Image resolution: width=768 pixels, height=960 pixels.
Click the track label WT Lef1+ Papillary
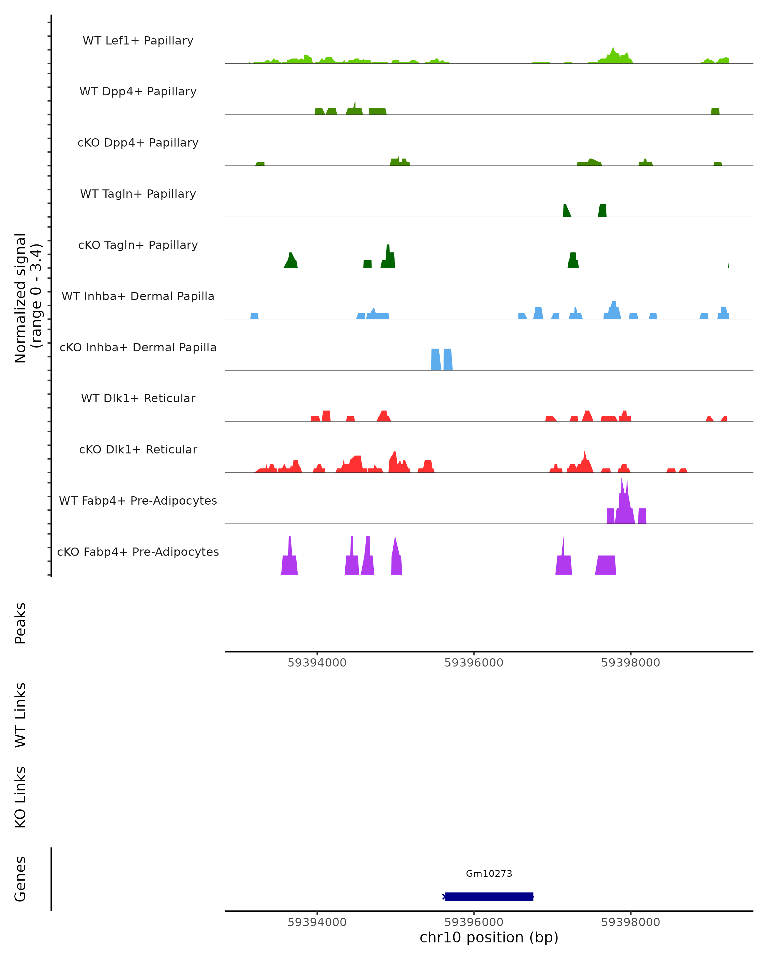pyautogui.click(x=138, y=41)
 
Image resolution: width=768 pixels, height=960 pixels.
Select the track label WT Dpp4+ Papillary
pyautogui.click(x=138, y=92)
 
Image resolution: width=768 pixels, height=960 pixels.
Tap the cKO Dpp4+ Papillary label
pyautogui.click(x=138, y=143)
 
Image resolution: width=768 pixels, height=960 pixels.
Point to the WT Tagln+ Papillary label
pyautogui.click(x=138, y=194)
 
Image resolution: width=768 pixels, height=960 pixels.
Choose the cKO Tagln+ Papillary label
pyautogui.click(x=138, y=245)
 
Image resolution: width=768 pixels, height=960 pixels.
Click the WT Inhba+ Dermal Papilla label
pyautogui.click(x=138, y=297)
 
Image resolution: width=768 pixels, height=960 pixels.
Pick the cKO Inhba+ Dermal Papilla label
pyautogui.click(x=138, y=348)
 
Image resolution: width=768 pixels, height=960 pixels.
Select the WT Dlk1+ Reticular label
pyautogui.click(x=138, y=398)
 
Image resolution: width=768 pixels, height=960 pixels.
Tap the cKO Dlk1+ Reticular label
pyautogui.click(x=138, y=450)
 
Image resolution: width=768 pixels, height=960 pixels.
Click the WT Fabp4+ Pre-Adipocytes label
pyautogui.click(x=138, y=501)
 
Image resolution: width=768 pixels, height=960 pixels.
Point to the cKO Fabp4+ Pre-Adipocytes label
pyautogui.click(x=138, y=552)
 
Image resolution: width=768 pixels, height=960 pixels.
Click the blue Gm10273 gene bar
pyautogui.click(x=489, y=897)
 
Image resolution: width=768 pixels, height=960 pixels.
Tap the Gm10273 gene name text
pyautogui.click(x=489, y=874)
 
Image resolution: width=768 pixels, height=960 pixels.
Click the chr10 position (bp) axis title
pyautogui.click(x=489, y=938)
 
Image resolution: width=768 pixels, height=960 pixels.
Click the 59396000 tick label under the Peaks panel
pyautogui.click(x=474, y=663)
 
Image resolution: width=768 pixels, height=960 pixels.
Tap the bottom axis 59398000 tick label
pyautogui.click(x=630, y=922)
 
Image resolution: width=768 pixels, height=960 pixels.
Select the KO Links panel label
pyautogui.click(x=20, y=797)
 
